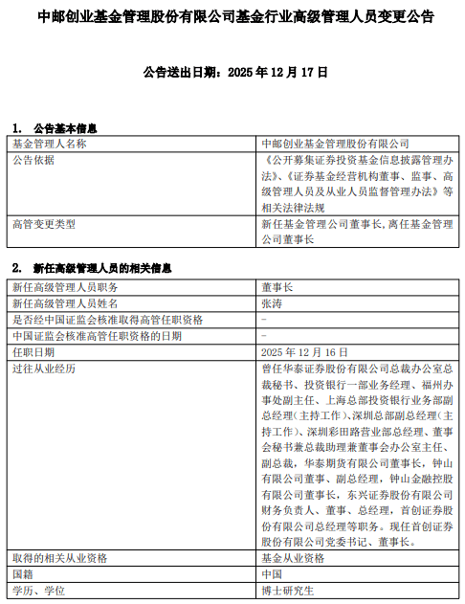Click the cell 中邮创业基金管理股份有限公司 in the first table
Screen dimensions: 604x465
click(x=328, y=143)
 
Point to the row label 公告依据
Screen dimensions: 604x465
click(x=33, y=159)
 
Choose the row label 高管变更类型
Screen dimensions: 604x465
click(x=43, y=223)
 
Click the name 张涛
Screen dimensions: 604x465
click(x=272, y=302)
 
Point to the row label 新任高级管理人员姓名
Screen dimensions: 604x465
click(x=64, y=302)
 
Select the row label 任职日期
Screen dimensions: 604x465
click(x=33, y=351)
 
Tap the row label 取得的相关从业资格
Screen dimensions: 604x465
click(x=59, y=558)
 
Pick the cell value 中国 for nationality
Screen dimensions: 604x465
click(x=272, y=574)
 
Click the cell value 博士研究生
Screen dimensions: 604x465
click(x=286, y=591)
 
